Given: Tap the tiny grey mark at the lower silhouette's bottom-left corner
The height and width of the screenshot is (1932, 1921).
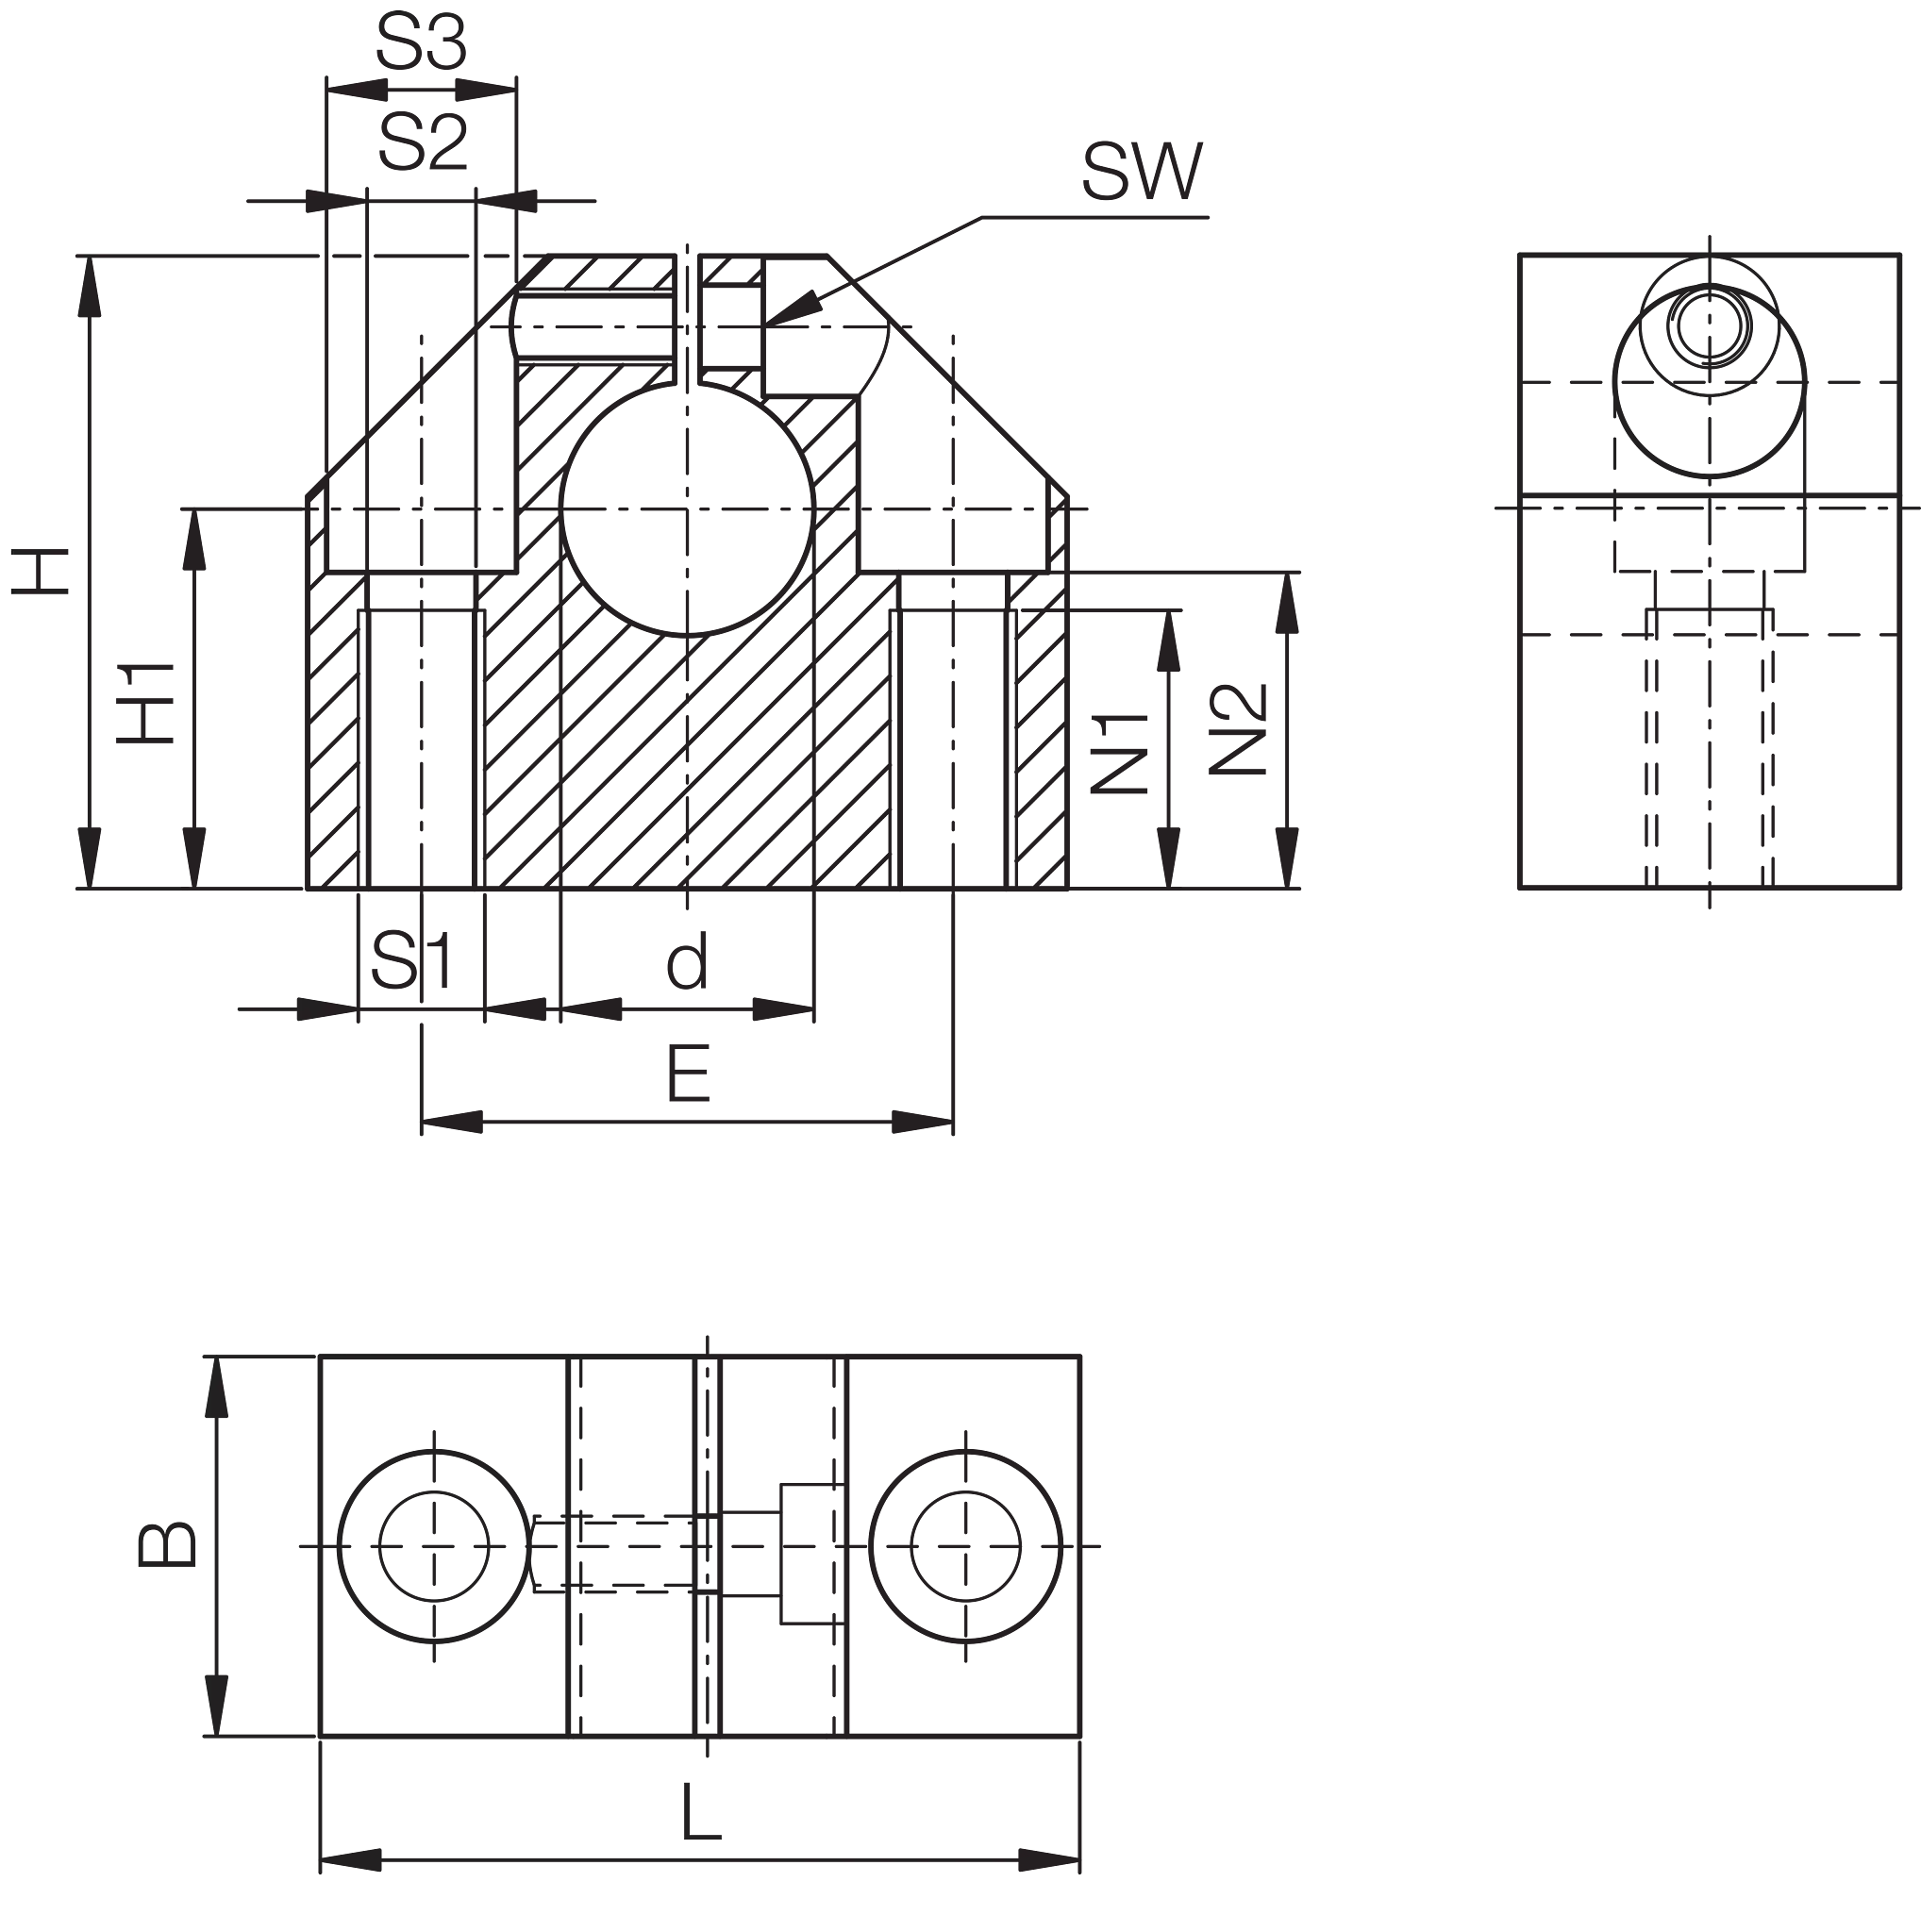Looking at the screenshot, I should (321, 1875).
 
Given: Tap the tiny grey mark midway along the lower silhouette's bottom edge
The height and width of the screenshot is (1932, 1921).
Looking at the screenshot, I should (1080, 1875).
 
